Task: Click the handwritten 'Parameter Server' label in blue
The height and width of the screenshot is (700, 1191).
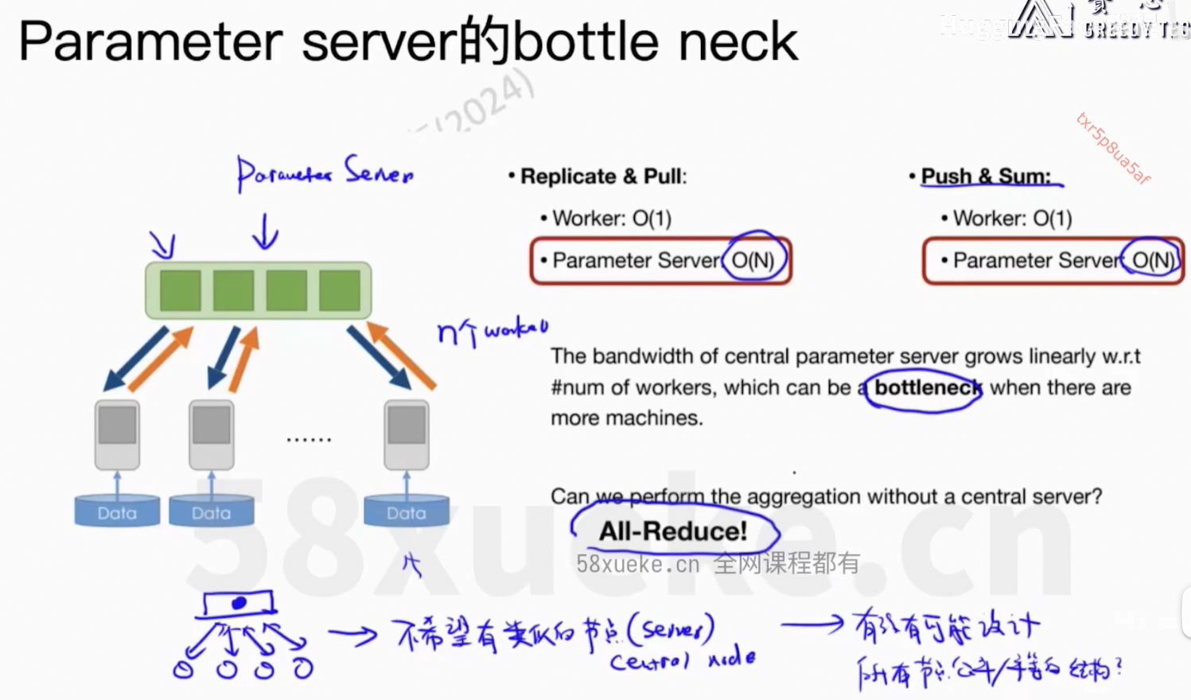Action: tap(325, 173)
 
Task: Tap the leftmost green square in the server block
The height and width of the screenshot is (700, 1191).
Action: tap(180, 290)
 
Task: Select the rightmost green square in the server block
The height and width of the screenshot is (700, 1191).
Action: tap(340, 290)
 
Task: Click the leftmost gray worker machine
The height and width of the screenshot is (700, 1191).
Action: tap(118, 434)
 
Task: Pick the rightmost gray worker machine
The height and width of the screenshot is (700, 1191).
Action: tap(407, 434)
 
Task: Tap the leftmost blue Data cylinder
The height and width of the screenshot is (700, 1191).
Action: tap(117, 511)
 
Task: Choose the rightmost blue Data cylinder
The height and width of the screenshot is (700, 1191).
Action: tap(407, 511)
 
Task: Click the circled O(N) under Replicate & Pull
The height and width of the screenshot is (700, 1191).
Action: tap(753, 259)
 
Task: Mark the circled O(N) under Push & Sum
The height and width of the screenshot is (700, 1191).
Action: tap(1153, 259)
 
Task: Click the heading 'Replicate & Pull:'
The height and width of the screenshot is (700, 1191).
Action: tap(603, 176)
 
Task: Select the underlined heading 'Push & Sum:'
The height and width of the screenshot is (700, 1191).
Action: tap(986, 176)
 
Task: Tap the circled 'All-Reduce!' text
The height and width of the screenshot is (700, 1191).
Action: tap(673, 531)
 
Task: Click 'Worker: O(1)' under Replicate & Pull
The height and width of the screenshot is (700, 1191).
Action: tap(611, 218)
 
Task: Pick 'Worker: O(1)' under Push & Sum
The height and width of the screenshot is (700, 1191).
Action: tap(1012, 218)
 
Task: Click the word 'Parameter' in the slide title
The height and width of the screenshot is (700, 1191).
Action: tap(150, 41)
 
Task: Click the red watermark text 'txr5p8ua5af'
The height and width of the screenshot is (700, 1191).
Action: tap(1112, 149)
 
